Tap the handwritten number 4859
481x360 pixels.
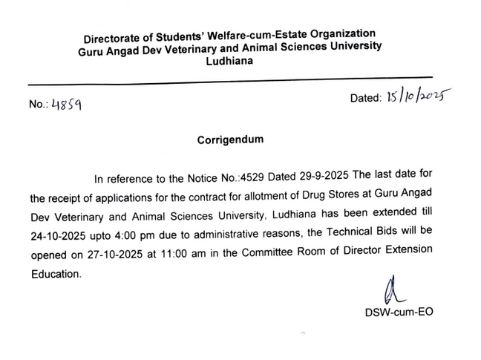point(66,105)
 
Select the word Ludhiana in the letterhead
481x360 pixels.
point(230,62)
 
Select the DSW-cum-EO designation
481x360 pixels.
point(399,312)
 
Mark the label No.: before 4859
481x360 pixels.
point(39,105)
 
